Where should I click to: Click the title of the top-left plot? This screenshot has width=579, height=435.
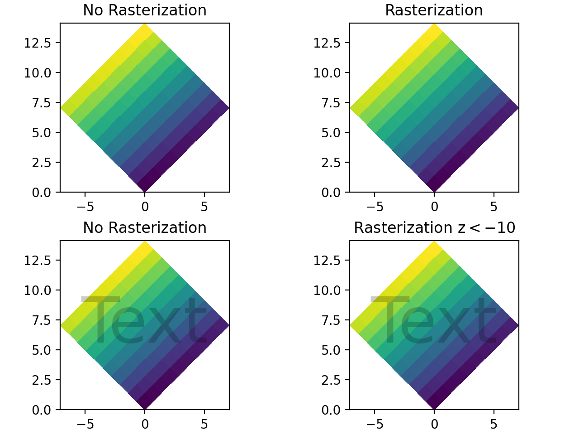(x=145, y=10)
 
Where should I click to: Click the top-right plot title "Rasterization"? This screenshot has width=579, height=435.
(x=434, y=10)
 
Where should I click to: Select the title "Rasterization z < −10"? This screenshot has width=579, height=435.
(x=434, y=228)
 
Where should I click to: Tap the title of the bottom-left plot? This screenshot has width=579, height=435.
(x=145, y=228)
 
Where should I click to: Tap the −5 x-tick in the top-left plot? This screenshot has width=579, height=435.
(x=85, y=207)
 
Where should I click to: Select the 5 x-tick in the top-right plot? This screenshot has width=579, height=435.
(x=494, y=207)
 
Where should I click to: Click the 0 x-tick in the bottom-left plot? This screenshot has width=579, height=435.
(x=145, y=425)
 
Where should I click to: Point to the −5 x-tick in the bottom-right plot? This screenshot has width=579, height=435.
(x=375, y=425)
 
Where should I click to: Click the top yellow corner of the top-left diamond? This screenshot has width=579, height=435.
(x=145, y=24)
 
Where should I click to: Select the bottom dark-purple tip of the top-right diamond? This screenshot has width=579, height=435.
(x=434, y=191)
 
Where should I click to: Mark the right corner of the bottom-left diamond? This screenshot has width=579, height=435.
(x=228, y=325)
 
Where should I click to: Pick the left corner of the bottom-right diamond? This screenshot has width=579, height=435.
(x=351, y=325)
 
